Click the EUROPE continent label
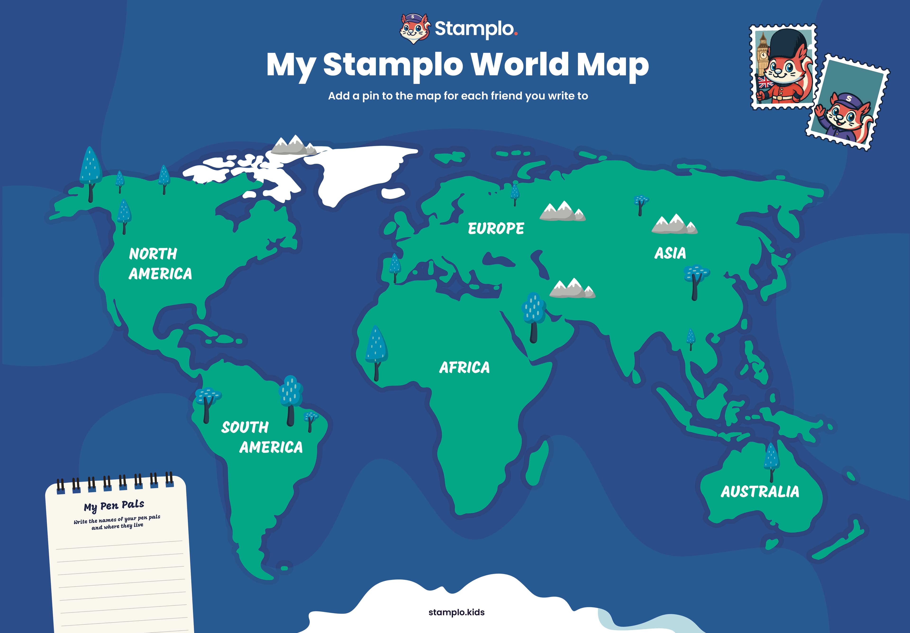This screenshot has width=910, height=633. tap(496, 228)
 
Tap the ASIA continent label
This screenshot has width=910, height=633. tap(670, 253)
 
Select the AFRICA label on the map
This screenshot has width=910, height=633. tap(464, 368)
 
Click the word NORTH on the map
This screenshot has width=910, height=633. tap(153, 254)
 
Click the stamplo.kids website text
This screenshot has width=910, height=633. tap(456, 612)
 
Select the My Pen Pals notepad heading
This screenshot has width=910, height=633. tap(114, 505)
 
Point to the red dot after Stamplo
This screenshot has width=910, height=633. tap(516, 34)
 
